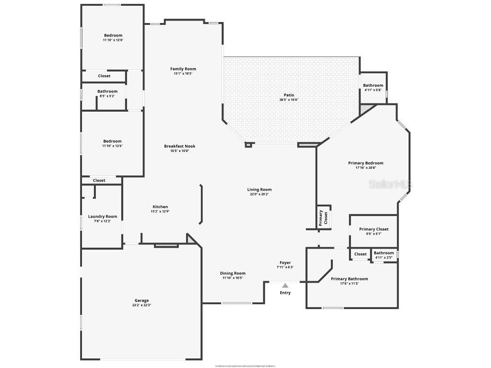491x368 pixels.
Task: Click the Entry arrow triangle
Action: coord(285,286)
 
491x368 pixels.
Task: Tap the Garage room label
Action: coord(141,300)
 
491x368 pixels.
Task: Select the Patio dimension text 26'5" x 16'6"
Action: coord(289,100)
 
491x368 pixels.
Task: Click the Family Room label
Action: coord(183,69)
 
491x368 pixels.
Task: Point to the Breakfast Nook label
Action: coord(180,146)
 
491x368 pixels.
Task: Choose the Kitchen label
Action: coord(160,207)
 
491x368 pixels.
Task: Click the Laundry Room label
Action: coord(103,217)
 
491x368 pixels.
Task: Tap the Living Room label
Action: coord(259,190)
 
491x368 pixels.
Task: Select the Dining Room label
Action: coord(233,273)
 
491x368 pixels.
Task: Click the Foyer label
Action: coord(285,263)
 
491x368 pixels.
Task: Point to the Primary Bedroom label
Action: coord(366,163)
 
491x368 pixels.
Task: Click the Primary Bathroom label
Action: coord(350,279)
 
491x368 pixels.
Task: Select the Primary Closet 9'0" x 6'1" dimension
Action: coord(374,234)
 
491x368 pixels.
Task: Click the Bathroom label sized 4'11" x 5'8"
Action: coord(373,85)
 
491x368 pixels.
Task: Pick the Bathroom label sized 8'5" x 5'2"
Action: coord(107,91)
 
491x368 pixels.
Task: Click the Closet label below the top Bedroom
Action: coord(104,76)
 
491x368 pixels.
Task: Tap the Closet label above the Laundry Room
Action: coord(99,180)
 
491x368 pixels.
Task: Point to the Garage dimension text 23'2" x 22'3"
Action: coord(141,305)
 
